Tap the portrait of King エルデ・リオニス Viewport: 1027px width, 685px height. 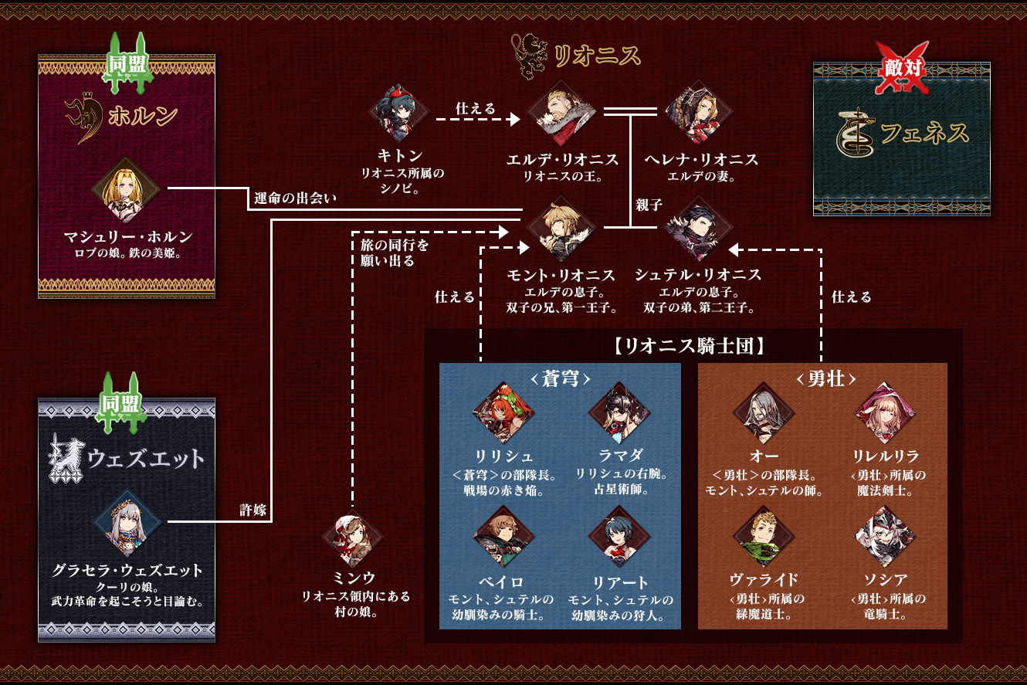click(561, 113)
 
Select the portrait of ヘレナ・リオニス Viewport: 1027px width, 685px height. click(699, 113)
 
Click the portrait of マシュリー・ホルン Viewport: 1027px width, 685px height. click(126, 189)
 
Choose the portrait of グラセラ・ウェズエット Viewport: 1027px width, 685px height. click(127, 523)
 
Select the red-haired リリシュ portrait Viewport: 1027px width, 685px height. click(503, 412)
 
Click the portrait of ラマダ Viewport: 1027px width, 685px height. click(619, 412)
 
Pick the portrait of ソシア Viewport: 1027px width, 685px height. click(885, 537)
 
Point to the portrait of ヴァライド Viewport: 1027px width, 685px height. click(764, 537)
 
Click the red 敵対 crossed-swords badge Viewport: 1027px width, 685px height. click(902, 68)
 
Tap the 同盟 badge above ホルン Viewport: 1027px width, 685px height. click(126, 63)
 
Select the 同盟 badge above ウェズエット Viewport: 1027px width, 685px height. click(120, 403)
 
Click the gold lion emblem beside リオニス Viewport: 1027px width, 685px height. click(530, 56)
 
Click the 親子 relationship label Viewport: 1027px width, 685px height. click(649, 205)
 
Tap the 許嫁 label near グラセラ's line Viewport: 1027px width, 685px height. click(253, 510)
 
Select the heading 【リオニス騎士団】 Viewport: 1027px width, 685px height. click(690, 346)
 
